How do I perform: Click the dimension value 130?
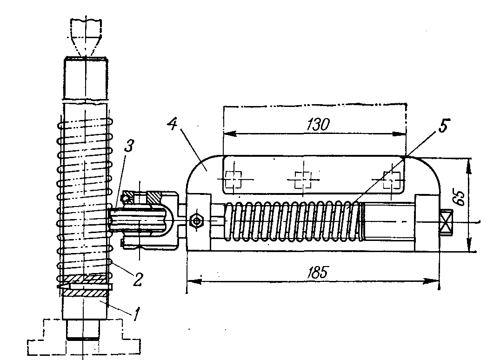(318, 125)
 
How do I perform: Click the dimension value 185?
(317, 273)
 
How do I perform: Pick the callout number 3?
(129, 146)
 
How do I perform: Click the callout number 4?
(172, 124)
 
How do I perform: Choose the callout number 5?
(444, 126)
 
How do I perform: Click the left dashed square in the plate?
(233, 180)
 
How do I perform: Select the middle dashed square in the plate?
(302, 180)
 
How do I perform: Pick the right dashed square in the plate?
(392, 180)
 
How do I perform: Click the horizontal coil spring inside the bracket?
(294, 221)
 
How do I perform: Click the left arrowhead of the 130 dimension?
(230, 134)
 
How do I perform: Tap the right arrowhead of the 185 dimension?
(433, 281)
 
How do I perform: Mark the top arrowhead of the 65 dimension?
(468, 165)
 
